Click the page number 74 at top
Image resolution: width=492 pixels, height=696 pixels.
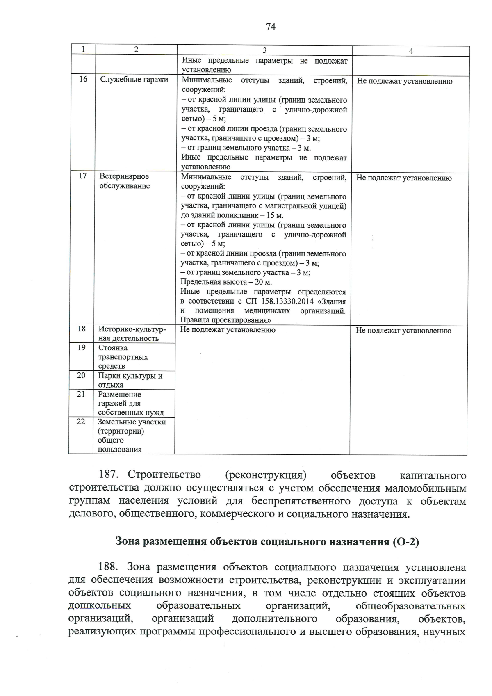coord(271,27)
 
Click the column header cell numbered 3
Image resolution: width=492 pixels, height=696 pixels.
coord(264,50)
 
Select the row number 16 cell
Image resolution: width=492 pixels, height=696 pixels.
coord(83,79)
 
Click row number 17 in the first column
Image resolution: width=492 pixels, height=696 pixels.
coord(82,176)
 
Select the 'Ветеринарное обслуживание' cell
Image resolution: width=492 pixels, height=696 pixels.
coord(124,181)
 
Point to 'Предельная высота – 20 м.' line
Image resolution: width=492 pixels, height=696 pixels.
coord(226,282)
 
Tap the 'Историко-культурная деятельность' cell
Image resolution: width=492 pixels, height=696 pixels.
coord(132,334)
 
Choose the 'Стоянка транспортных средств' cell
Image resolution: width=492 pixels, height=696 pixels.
coord(123,357)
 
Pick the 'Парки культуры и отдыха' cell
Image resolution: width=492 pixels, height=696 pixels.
coord(130,380)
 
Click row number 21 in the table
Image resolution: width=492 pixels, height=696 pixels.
coord(81,394)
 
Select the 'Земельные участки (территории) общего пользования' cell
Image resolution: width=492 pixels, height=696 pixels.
coord(131,436)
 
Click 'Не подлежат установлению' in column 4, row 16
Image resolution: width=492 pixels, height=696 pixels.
coord(404,81)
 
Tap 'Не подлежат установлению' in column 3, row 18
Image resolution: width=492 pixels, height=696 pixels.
coord(228,330)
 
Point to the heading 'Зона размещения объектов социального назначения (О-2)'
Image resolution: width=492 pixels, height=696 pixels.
coord(267,541)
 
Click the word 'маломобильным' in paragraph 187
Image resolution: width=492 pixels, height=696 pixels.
coord(425,488)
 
